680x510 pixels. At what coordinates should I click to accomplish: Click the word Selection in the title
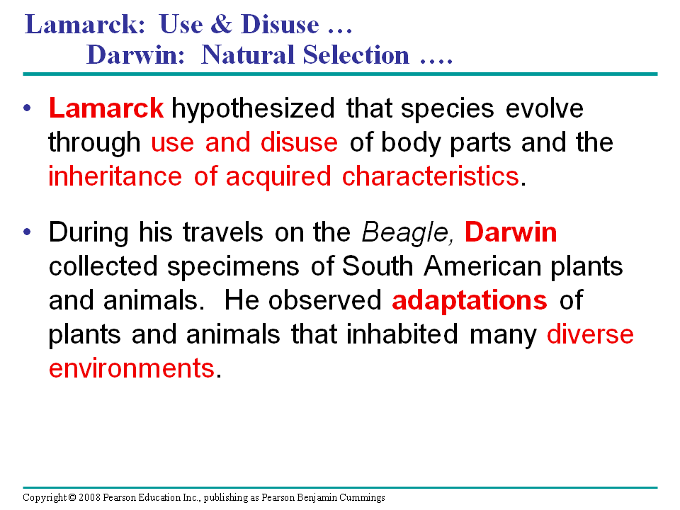pos(356,55)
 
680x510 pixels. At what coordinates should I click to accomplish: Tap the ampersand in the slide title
pos(221,24)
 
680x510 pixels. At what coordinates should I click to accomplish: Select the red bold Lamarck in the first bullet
pos(106,108)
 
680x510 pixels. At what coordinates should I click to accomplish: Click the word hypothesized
pos(253,109)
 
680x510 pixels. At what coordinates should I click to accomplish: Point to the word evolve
pos(544,108)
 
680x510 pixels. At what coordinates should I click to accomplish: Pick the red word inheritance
pos(115,176)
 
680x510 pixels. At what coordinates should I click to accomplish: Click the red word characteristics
pos(431,176)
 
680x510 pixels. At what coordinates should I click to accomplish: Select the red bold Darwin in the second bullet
pos(511,232)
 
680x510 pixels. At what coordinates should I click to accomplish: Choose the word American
pos(482,266)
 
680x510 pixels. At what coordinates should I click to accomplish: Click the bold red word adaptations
pos(469,301)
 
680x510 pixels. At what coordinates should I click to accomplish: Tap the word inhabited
pos(402,334)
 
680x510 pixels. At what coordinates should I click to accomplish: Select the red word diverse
pos(590,334)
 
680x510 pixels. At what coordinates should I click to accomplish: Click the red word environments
pos(132,368)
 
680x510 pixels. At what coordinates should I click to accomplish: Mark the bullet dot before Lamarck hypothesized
pos(28,108)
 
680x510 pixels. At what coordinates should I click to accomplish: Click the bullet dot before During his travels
pos(28,232)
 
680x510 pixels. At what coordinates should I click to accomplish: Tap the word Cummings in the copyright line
pos(362,498)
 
